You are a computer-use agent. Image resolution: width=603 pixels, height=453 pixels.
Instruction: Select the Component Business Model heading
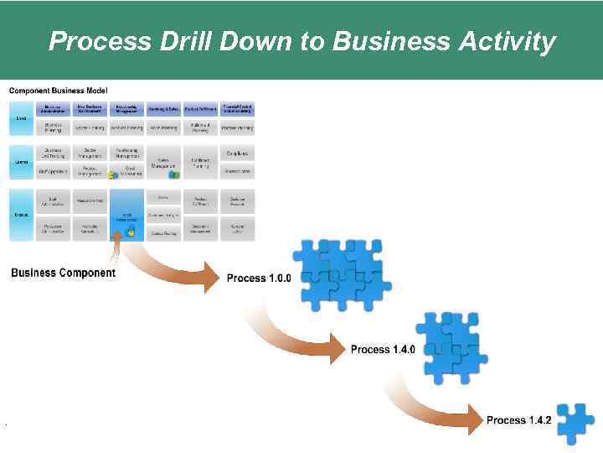pos(58,91)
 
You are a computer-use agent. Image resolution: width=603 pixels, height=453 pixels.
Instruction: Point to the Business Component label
pos(64,273)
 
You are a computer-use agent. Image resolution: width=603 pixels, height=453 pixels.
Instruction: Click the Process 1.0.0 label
pos(259,279)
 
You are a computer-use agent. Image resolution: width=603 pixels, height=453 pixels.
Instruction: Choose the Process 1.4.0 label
pos(383,349)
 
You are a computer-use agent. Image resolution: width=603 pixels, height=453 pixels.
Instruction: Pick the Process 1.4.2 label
pos(518,420)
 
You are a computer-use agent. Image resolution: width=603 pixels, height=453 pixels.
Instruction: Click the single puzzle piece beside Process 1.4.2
pos(575,423)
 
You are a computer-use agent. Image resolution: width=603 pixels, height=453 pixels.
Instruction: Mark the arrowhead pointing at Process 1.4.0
pos(337,347)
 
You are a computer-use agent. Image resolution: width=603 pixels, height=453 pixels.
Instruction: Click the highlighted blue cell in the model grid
pos(127,216)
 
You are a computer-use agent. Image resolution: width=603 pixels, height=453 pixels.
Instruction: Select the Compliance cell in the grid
pos(237,153)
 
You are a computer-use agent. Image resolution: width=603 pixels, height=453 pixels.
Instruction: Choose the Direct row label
pos(21,118)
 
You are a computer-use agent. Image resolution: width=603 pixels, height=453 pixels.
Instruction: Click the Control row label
pos(21,162)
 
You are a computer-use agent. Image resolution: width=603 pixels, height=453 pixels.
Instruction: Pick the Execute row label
pos(21,215)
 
